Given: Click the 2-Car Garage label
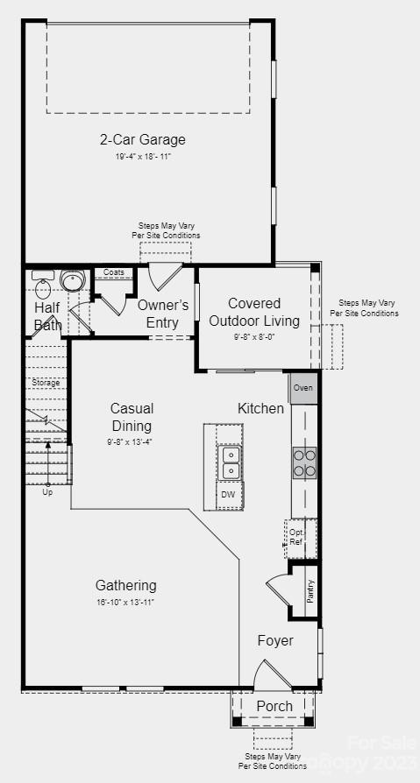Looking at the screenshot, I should click(142, 139).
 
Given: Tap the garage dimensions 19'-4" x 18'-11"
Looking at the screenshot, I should click(142, 156).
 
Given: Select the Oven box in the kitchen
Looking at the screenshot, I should click(303, 388).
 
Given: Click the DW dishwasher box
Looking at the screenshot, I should click(228, 495).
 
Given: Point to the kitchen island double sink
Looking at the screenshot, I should click(229, 462).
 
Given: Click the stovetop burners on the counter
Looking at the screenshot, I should click(304, 462).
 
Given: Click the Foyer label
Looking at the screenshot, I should click(275, 641).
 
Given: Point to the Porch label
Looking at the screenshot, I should click(274, 706).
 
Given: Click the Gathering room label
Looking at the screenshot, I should click(126, 585).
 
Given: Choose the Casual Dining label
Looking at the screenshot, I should click(132, 417).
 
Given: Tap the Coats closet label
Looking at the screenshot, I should click(114, 272).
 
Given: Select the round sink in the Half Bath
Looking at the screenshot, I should click(72, 281).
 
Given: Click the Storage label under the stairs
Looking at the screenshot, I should click(46, 383).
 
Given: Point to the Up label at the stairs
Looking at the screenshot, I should click(47, 492).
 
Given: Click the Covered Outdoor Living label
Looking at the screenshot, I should click(254, 313).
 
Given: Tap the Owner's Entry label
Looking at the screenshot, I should click(163, 314).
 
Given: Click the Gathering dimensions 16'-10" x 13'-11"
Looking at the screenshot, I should click(126, 602).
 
